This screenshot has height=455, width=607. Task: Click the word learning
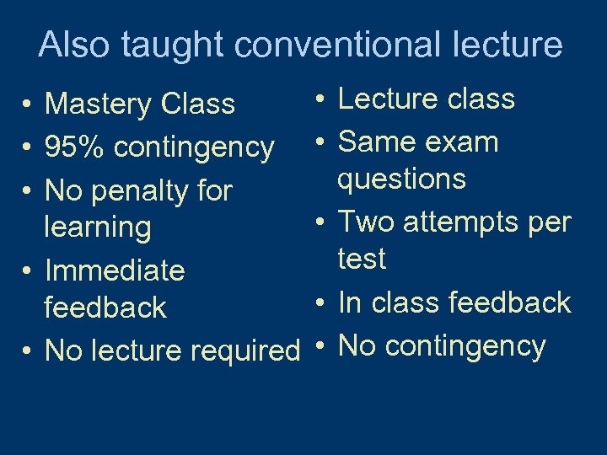[97, 227]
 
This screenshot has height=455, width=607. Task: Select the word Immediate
[114, 270]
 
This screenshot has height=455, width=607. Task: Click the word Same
[375, 142]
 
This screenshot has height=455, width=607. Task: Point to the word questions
[401, 179]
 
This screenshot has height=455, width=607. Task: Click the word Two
[367, 222]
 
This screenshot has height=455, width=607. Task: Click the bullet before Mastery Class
[29, 105]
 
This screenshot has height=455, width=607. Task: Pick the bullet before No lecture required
[29, 350]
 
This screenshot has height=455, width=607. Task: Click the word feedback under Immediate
[105, 308]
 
